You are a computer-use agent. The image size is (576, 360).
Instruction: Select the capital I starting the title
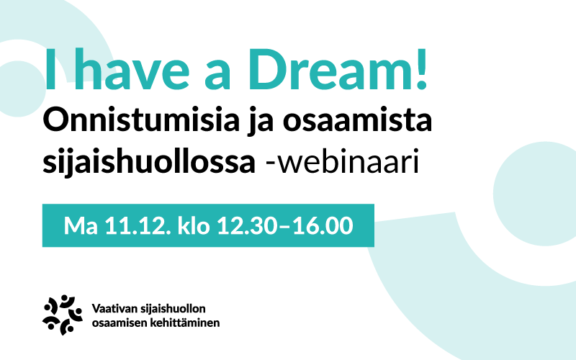pos(50,69)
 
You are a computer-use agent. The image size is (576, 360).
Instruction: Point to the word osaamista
pos(357,120)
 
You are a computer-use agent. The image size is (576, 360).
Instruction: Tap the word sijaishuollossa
pos(149,161)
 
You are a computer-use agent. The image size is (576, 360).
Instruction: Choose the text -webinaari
pos(342,161)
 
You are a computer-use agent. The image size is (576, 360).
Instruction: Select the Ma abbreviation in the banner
pos(81,225)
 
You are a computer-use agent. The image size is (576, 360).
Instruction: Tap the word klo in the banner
pos(193,225)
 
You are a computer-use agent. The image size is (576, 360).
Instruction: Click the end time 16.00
pos(323,225)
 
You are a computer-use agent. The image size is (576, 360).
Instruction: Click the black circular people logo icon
pos(63,315)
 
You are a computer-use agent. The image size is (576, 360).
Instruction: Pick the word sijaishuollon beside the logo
pos(173,309)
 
